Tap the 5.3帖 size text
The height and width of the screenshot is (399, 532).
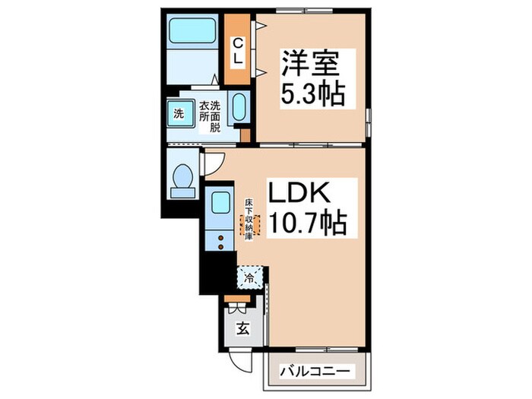(x=312, y=94)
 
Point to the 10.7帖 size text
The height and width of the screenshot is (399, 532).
(x=306, y=223)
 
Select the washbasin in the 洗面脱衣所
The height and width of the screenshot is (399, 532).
(x=237, y=109)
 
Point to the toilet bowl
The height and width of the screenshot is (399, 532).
(x=182, y=178)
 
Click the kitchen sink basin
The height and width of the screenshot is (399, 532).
(x=220, y=203)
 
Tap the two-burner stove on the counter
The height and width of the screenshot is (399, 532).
(x=220, y=241)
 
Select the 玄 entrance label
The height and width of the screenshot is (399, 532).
(x=242, y=328)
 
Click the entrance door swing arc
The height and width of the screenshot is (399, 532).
(x=238, y=363)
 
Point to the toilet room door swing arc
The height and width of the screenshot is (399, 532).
(x=214, y=162)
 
